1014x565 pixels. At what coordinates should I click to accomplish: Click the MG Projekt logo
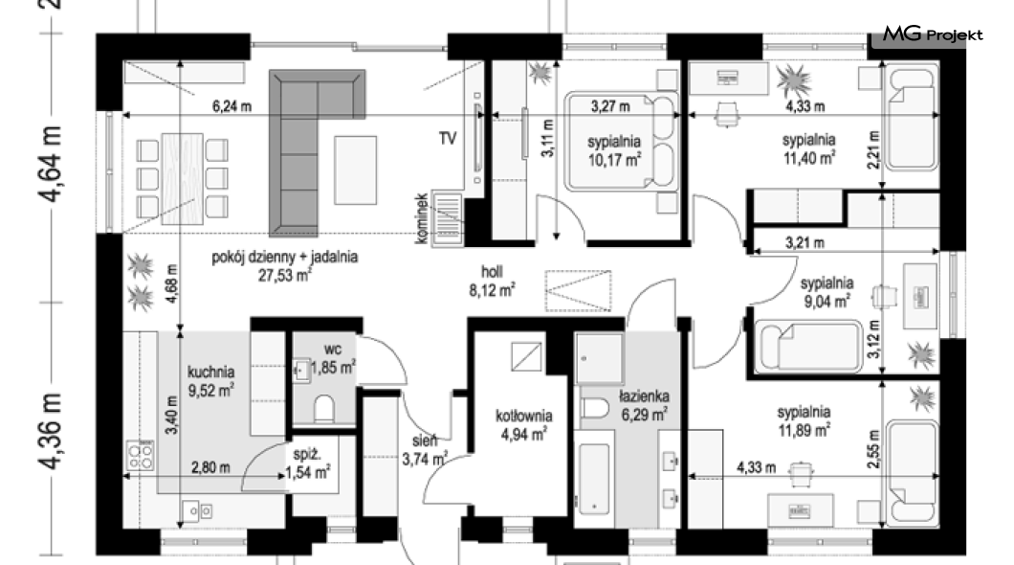tap(933, 34)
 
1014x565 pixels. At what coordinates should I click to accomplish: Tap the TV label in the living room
tap(448, 138)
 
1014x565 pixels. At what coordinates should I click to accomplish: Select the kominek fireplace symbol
tap(447, 218)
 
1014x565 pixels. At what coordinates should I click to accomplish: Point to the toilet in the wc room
tap(324, 408)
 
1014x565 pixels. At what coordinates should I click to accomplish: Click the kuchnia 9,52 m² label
tap(210, 381)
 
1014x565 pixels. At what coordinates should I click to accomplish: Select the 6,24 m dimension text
tap(231, 106)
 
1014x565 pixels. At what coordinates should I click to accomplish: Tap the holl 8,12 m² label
tap(492, 281)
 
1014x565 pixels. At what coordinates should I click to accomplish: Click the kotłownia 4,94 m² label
tap(524, 424)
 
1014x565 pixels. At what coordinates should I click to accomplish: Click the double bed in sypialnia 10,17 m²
tap(621, 141)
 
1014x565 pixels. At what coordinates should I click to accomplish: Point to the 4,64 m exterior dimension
tap(51, 165)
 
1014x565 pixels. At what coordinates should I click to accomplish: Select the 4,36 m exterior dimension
tap(51, 430)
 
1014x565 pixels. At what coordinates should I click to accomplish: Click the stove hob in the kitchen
tap(141, 456)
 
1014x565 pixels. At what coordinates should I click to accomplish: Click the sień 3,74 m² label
tap(425, 450)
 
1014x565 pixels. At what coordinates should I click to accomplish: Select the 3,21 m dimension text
tap(805, 243)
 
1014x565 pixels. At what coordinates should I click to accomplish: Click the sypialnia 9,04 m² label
tap(827, 292)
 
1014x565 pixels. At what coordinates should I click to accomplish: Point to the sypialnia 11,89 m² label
tap(804, 420)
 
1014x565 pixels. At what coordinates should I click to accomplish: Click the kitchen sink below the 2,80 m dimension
tap(197, 510)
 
